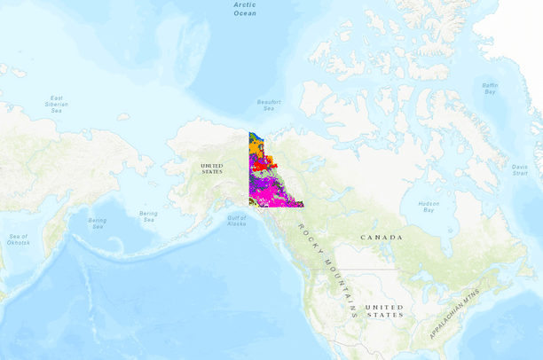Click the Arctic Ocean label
click(x=245, y=8)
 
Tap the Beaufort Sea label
click(x=269, y=105)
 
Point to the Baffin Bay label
click(x=490, y=88)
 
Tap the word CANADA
click(x=381, y=238)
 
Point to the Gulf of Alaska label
click(x=236, y=221)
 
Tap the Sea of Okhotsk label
click(x=19, y=239)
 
